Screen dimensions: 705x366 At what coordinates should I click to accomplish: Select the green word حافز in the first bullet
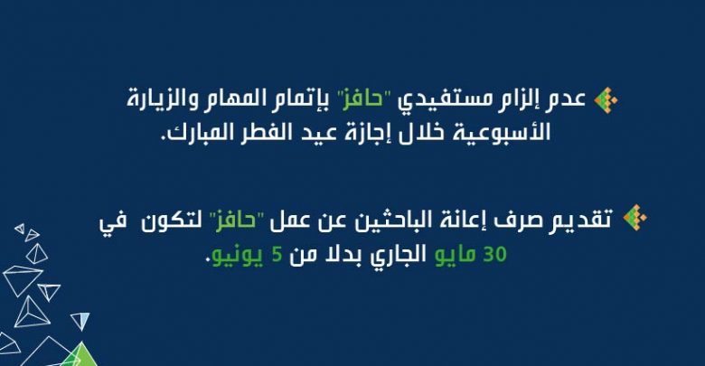tap(362, 99)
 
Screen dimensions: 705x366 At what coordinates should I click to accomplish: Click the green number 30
tap(495, 254)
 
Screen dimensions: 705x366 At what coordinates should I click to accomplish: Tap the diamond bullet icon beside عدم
tap(606, 99)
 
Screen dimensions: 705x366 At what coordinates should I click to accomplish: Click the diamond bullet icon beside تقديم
tap(634, 218)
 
